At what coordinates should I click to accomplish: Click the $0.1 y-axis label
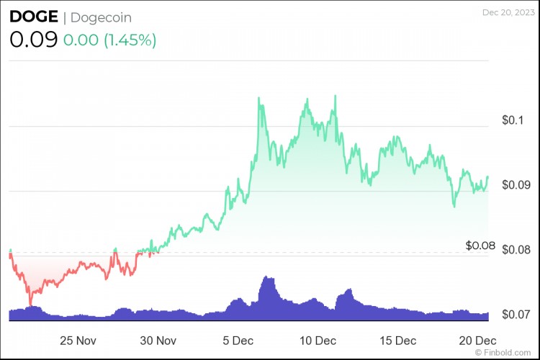click(514, 120)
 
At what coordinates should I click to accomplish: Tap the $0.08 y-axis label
click(480, 246)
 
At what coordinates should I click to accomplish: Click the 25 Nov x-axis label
click(78, 340)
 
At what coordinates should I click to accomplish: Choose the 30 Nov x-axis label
click(158, 340)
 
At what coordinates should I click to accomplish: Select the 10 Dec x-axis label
click(318, 340)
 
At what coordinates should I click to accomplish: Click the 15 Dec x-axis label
click(397, 340)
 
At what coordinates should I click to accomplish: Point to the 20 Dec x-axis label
click(477, 340)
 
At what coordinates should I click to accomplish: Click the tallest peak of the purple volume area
click(267, 276)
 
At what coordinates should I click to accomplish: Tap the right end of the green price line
click(488, 176)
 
